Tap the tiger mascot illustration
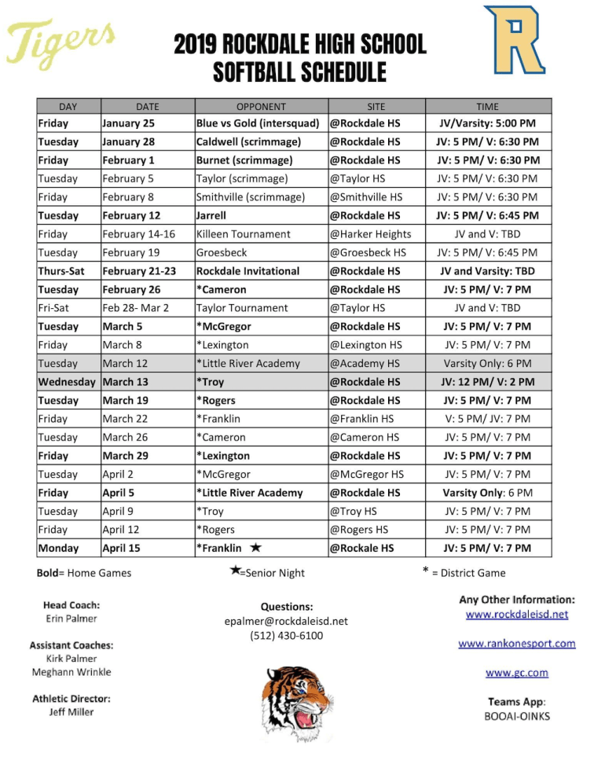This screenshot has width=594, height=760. coord(297,701)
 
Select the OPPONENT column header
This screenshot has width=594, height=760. coord(261,106)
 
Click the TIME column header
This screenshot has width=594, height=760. coord(487,106)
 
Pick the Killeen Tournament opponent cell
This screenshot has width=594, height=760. coord(243,234)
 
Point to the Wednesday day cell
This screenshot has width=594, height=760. coord(68,382)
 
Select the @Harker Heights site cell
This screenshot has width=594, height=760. coord(370,234)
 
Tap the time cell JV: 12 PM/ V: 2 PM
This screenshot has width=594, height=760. coord(487,382)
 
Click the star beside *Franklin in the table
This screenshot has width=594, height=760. coord(255,547)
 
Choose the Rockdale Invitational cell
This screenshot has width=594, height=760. coord(247,271)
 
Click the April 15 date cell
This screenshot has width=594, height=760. coord(124,549)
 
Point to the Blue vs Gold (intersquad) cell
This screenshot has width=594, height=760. coord(258,123)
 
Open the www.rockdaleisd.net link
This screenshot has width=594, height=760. coord(516,615)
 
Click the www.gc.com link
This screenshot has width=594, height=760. coord(516,673)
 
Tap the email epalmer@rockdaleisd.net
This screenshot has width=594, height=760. coord(286,621)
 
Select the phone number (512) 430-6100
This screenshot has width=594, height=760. coord(286,636)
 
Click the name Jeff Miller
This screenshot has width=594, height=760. coord(71,712)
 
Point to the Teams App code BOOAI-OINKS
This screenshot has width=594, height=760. coord(516,716)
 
